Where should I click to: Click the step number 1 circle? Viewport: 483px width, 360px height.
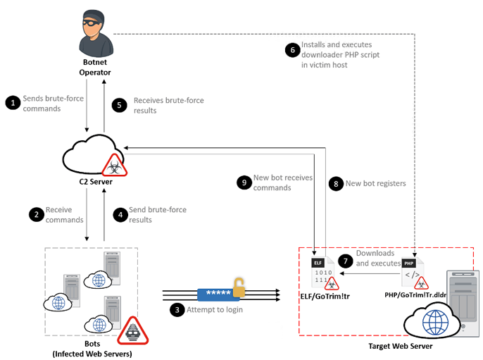pos(12,104)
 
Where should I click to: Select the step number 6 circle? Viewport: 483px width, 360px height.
pos(292,50)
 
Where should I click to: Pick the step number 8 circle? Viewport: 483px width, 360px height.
pos(335,183)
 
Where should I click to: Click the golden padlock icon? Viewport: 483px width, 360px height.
pos(240,288)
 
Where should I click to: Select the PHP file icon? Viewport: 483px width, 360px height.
pos(410,272)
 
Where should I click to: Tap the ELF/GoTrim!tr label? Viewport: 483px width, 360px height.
pos(325,298)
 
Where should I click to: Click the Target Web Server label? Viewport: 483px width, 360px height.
pos(401,346)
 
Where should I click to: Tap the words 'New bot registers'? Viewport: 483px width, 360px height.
pos(375,183)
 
